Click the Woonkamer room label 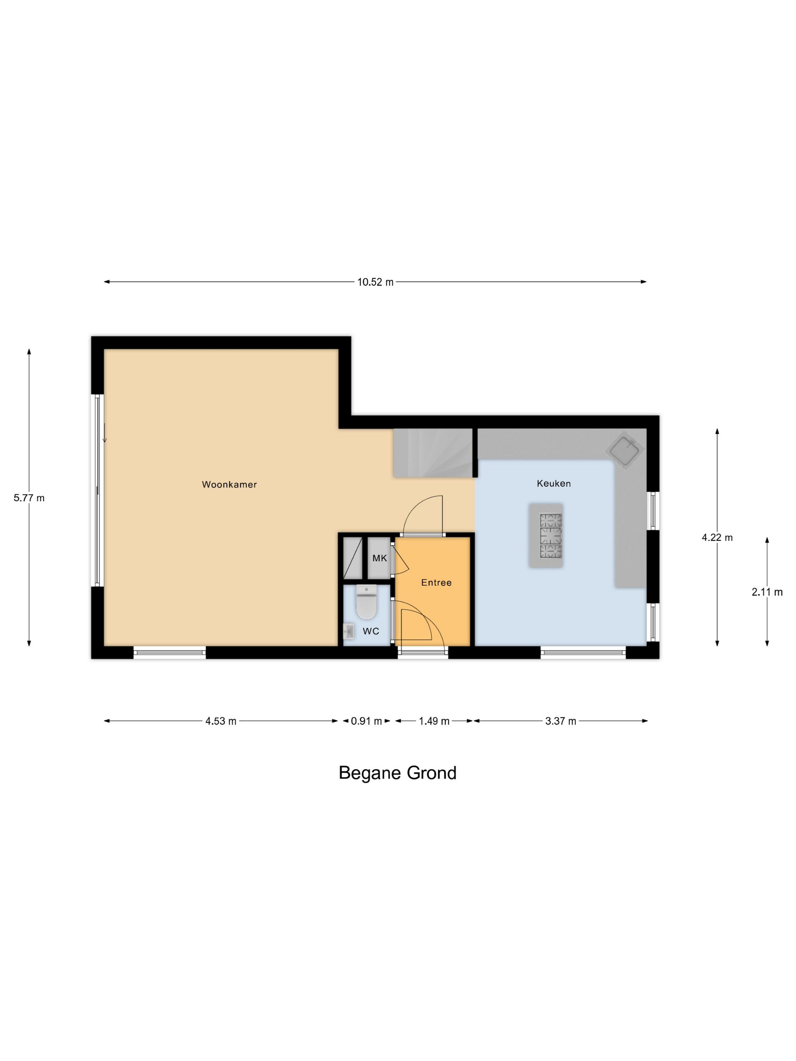click(229, 484)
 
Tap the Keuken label click(554, 484)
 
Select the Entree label click(436, 582)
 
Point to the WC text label click(371, 631)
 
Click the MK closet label click(379, 558)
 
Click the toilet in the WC click(367, 602)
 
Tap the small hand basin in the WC click(349, 632)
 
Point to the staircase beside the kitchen click(433, 453)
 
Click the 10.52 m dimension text click(375, 282)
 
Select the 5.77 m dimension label click(29, 498)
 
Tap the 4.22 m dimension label click(717, 538)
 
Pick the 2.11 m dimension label click(767, 592)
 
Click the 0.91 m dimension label click(367, 721)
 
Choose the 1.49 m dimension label click(434, 721)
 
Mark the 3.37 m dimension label click(560, 721)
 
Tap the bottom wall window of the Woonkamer click(169, 653)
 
